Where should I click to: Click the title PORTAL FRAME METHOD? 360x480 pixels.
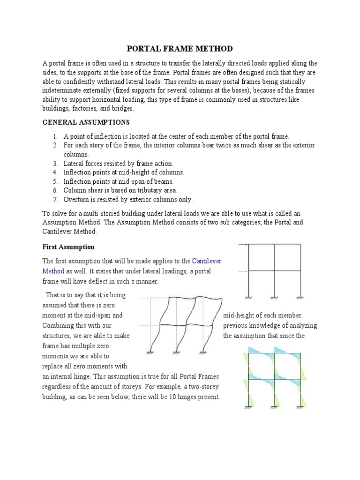tap(180, 49)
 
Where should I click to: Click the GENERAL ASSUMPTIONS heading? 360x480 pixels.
tap(86, 122)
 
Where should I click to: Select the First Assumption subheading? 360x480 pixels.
tap(68, 247)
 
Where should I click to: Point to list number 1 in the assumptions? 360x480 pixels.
tap(55, 136)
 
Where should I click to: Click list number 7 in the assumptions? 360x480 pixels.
tap(55, 199)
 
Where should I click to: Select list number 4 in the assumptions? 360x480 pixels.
tap(55, 172)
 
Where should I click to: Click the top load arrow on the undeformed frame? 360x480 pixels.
tap(243, 245)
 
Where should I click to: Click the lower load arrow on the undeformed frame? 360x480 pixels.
tap(243, 271)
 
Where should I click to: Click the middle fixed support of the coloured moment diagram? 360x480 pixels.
tap(274, 407)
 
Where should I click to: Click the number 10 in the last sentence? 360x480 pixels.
tap(177, 397)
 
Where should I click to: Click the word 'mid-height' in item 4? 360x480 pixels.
tap(122, 172)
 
